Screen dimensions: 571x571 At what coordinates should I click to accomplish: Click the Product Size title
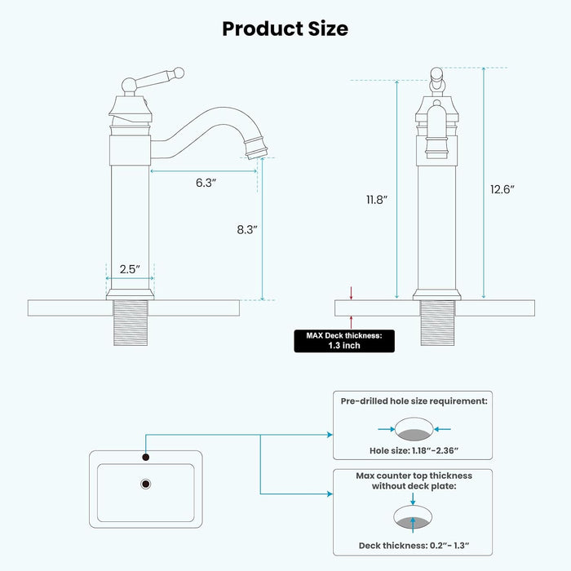coord(285,29)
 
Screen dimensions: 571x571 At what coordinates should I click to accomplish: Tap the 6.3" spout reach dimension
coord(205,184)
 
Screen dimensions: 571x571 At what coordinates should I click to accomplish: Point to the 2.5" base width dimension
coord(131,268)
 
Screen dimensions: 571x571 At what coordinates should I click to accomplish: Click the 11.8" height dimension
coord(377,198)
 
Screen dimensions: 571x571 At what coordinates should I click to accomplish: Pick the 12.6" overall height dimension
coord(502,189)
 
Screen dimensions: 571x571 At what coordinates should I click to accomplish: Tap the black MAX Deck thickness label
coord(344,340)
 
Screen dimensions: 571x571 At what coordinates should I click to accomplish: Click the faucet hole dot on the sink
coord(146,457)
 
